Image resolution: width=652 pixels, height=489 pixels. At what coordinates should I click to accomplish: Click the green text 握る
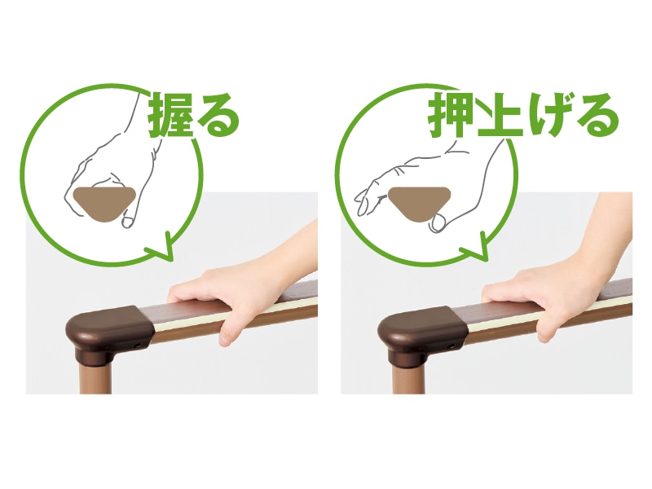point(194,114)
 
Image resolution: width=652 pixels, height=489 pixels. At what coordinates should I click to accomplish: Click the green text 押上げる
point(523,114)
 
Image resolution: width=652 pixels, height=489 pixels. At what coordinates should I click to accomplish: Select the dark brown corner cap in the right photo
point(423,333)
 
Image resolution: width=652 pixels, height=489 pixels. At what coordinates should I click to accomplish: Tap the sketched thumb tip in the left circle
point(128,221)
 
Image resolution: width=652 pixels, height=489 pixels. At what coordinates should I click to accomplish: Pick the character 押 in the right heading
point(451,114)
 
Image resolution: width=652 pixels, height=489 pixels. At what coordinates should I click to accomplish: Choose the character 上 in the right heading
point(499,115)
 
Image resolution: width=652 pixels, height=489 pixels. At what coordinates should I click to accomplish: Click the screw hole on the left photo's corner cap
point(137,346)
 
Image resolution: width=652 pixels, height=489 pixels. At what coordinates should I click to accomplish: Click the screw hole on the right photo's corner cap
point(450,346)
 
